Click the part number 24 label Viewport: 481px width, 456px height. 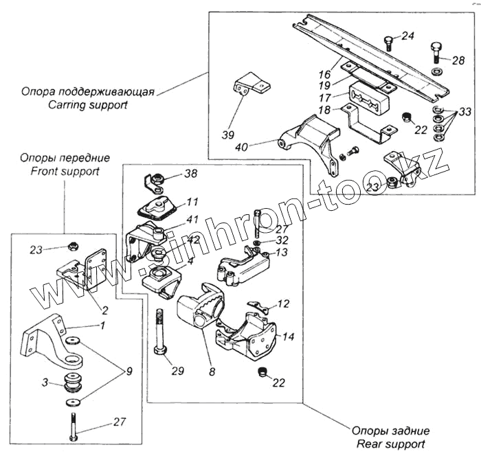[x=408, y=36]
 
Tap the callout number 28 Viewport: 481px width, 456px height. [x=458, y=61]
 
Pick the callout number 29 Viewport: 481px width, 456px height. [x=178, y=371]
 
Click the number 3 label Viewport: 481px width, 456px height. [x=45, y=383]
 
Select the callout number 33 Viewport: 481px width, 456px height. [x=465, y=111]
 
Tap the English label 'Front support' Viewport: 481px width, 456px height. [x=65, y=171]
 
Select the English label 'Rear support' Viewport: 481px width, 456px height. [x=390, y=444]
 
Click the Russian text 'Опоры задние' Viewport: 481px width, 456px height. [x=390, y=431]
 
